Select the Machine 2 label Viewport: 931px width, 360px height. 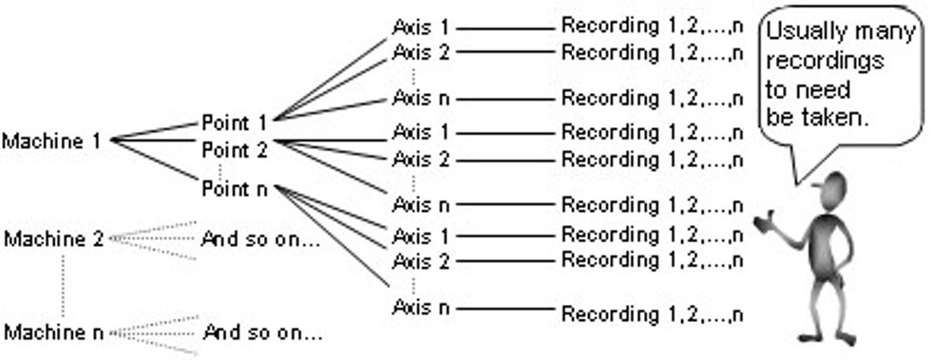pyautogui.click(x=52, y=238)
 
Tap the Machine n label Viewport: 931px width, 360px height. pyautogui.click(x=52, y=332)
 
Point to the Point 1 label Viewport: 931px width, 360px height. pyautogui.click(x=235, y=123)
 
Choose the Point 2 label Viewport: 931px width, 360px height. pyautogui.click(x=235, y=149)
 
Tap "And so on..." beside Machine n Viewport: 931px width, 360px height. pyautogui.click(x=263, y=332)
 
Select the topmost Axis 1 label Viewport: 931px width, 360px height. pyautogui.click(x=420, y=27)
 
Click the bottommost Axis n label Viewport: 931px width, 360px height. pyautogui.click(x=420, y=308)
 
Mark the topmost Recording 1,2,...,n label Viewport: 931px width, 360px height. pyautogui.click(x=652, y=26)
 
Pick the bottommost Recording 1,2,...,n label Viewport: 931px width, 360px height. pyautogui.click(x=652, y=313)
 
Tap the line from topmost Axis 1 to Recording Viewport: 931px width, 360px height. pyautogui.click(x=503, y=28)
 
